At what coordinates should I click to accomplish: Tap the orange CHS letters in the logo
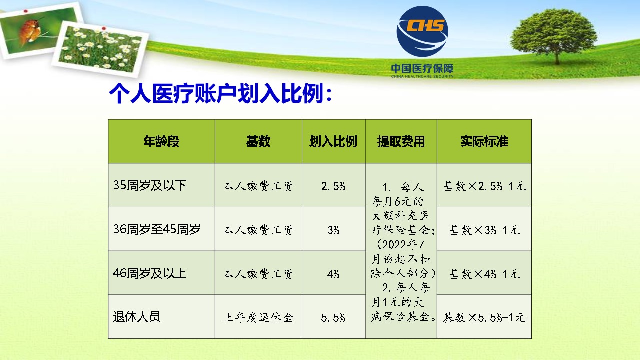425,25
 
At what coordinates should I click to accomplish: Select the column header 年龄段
161,141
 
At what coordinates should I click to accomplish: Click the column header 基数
258,141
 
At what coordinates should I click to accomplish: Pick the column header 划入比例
333,141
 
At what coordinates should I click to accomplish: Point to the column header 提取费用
401,141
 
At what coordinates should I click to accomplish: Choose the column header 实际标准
484,141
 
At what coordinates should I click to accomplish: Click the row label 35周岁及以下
150,185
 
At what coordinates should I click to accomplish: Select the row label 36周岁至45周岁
157,229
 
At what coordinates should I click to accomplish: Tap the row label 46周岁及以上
149,273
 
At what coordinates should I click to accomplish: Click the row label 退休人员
137,317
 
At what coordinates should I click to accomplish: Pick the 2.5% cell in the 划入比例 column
333,186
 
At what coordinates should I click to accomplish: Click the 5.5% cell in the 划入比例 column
333,317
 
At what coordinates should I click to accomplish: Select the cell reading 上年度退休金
258,317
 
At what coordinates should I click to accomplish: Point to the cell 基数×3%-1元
484,230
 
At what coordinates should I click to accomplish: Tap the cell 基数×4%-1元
484,274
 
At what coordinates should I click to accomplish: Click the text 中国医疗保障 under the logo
422,68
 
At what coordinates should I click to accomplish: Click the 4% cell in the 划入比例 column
333,274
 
